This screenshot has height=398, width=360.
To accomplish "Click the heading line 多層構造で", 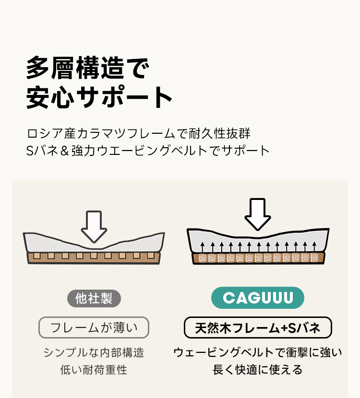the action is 88,68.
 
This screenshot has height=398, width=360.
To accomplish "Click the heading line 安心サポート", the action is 99,97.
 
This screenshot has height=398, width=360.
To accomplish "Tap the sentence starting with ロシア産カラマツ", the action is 139,133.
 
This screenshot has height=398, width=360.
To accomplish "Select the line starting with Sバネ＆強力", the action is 148,151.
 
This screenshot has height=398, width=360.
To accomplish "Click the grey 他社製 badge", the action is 94,298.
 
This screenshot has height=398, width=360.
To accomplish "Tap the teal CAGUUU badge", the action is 258,298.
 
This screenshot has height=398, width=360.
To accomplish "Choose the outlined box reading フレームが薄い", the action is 94,328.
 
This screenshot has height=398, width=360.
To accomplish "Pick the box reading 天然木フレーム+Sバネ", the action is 258,328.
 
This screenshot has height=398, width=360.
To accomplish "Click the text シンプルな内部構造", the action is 94,352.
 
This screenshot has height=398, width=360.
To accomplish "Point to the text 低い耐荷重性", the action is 94,370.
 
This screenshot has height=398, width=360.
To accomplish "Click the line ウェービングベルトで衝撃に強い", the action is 258,352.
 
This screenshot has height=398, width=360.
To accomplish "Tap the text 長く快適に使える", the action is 258,370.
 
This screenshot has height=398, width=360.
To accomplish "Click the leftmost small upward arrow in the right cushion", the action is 203,247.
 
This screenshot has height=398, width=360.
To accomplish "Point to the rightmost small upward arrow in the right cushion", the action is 314,247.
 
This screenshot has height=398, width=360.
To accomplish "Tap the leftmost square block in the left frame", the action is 37,256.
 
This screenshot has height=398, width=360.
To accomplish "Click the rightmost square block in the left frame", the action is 151,256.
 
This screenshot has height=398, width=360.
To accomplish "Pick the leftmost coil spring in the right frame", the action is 203,258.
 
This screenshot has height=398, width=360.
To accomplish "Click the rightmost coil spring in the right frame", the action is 314,258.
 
